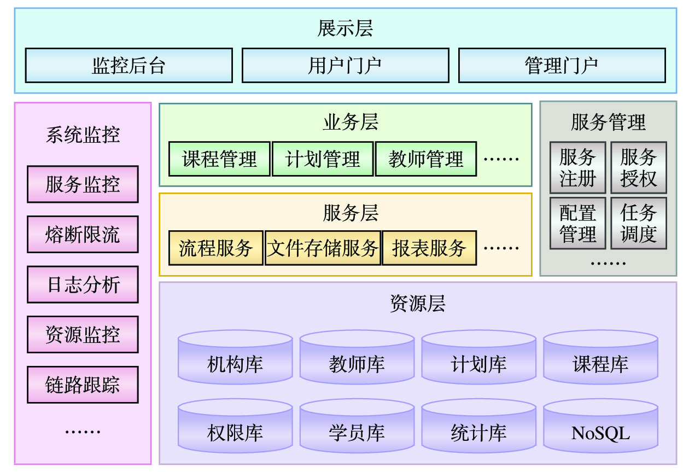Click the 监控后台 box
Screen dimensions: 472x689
coord(129,66)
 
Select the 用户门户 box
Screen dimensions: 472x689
coord(345,66)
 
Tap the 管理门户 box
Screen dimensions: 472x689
coord(562,66)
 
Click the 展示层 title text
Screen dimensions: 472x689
coord(345,28)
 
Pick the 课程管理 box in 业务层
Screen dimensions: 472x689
coord(219,159)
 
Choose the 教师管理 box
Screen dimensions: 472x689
coord(425,159)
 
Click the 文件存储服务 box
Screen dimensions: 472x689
coord(323,248)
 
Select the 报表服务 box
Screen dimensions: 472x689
coord(429,248)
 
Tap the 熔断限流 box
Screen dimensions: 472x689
coord(83,235)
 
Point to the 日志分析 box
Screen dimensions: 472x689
coord(83,285)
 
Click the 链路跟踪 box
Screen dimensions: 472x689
coord(83,385)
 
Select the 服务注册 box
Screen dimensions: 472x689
coord(577,168)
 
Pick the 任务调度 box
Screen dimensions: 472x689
coord(639,224)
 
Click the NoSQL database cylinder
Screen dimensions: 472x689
coord(600,429)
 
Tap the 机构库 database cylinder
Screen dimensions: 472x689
coord(235,360)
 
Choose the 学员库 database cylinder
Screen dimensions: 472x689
coord(357,429)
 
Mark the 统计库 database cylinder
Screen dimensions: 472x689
coord(478,429)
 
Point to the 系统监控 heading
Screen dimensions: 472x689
coord(83,135)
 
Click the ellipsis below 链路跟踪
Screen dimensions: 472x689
coord(83,432)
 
